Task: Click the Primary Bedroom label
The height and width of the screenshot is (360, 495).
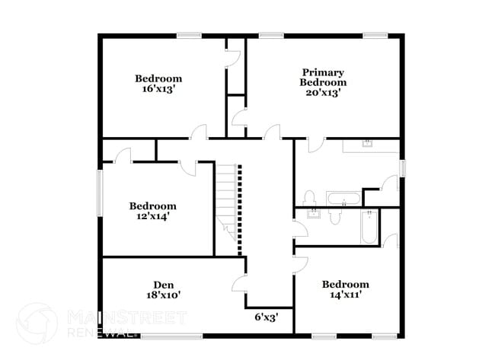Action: (x=323, y=77)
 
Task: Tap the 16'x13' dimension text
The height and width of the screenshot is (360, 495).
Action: (x=158, y=88)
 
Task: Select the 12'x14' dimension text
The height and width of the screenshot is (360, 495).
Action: (x=152, y=216)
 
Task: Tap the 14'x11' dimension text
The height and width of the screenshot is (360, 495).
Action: (x=345, y=295)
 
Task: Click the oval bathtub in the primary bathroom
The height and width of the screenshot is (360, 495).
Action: (x=344, y=200)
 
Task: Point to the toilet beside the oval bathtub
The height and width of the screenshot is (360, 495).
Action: (x=309, y=198)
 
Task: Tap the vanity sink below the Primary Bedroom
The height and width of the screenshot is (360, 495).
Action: (x=367, y=145)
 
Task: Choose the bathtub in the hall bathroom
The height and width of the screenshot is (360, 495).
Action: (x=369, y=227)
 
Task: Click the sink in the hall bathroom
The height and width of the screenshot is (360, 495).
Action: (x=313, y=214)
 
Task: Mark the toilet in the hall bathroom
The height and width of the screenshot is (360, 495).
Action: (x=334, y=217)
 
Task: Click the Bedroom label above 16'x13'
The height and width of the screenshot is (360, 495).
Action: (x=158, y=78)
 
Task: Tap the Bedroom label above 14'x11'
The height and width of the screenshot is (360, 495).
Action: (x=345, y=284)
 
